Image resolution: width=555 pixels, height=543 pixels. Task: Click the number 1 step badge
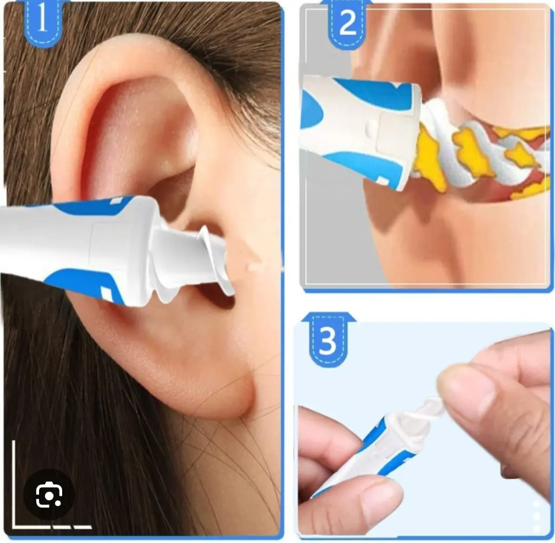(43, 21)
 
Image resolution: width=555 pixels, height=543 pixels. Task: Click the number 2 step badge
(347, 23)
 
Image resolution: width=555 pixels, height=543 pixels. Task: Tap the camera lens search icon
(49, 494)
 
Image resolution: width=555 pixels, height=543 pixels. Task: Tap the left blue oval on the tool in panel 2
(311, 111)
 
